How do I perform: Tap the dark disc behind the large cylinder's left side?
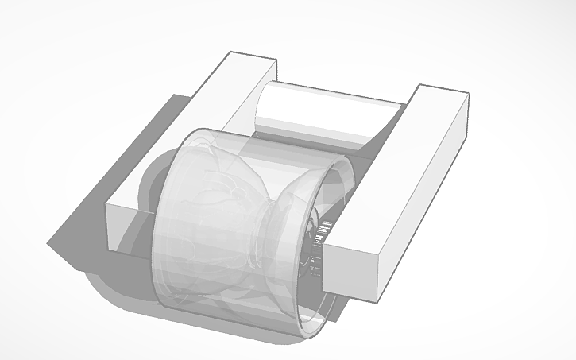(151, 191)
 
